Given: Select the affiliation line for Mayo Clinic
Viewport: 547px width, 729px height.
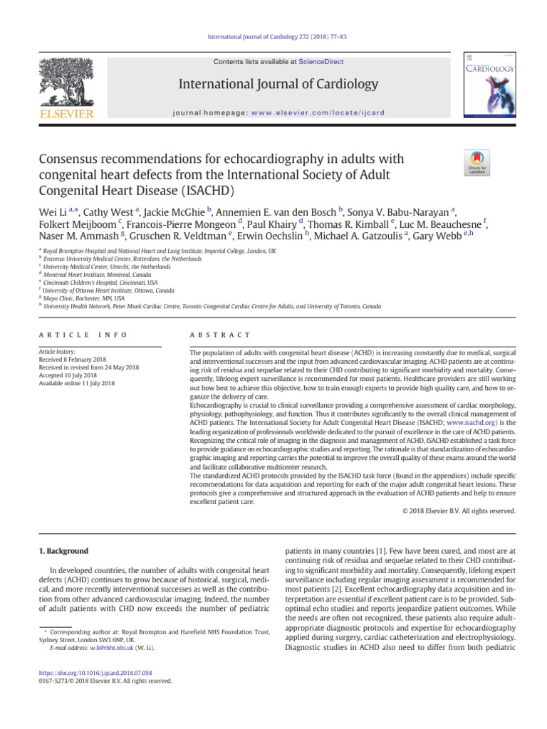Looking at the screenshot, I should coord(83,298).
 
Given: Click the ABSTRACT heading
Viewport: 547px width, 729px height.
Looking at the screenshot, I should coord(220,335).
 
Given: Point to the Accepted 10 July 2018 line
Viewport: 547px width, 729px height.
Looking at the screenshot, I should coord(72,375).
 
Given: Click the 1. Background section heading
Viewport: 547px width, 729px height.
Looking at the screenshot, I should coord(63,551).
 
